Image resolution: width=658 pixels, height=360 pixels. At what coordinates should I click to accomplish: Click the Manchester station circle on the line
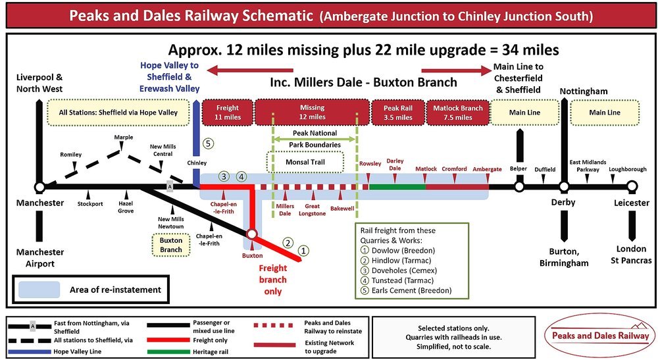[40, 187]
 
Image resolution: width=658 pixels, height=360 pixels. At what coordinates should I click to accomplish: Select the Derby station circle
[564, 187]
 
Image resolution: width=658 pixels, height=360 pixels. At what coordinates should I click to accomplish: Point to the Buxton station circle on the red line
[251, 234]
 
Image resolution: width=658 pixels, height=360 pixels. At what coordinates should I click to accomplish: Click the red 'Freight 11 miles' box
[226, 113]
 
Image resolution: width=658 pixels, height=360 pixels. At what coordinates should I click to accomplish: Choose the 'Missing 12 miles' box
[312, 113]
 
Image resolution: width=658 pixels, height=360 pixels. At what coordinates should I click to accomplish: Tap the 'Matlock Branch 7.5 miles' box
[457, 113]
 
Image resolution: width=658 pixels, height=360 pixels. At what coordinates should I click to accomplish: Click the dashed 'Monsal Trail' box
[305, 161]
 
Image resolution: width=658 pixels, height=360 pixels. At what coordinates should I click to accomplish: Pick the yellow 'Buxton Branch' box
[171, 245]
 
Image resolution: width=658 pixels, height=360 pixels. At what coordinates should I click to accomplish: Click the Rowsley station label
[370, 163]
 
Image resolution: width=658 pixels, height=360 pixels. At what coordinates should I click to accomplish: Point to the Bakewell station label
[342, 208]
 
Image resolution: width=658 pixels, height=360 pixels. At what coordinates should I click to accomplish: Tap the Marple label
[123, 138]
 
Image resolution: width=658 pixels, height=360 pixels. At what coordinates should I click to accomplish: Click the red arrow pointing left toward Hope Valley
[249, 70]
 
